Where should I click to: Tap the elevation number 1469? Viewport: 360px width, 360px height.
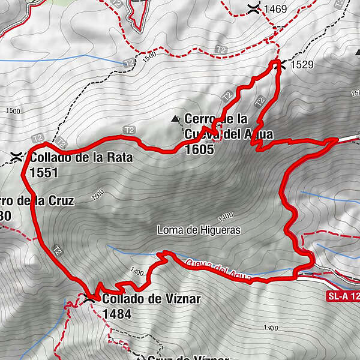pyautogui.click(x=275, y=9)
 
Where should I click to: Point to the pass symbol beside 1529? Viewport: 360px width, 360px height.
pyautogui.click(x=278, y=65)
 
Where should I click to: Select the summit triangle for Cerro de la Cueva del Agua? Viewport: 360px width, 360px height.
pyautogui.click(x=175, y=119)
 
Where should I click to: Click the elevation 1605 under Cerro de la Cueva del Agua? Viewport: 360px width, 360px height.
pyautogui.click(x=200, y=151)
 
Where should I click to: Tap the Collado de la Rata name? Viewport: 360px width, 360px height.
pyautogui.click(x=80, y=158)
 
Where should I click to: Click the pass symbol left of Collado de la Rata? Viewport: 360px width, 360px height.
pyautogui.click(x=16, y=158)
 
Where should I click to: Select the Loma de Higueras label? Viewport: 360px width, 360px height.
pyautogui.click(x=199, y=230)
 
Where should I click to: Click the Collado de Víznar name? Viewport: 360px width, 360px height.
pyautogui.click(x=151, y=299)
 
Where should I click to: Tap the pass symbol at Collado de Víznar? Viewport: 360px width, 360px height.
pyautogui.click(x=89, y=298)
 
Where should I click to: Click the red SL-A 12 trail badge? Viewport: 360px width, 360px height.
pyautogui.click(x=343, y=296)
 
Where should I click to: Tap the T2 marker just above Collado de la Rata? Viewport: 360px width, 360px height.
pyautogui.click(x=38, y=139)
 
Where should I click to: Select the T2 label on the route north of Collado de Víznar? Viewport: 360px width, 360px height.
pyautogui.click(x=58, y=248)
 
